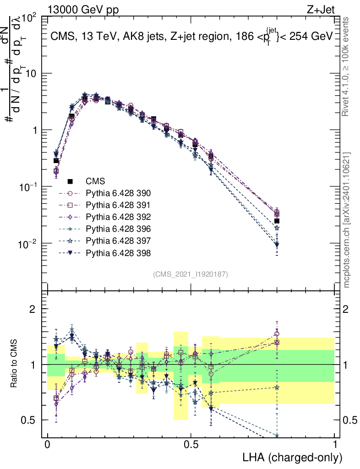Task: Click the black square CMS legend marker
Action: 70,181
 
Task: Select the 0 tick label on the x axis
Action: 48,445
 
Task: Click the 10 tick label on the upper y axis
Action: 33,73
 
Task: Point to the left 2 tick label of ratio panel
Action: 33,309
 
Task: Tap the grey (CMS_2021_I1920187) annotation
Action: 191,274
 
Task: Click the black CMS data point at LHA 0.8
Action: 277,221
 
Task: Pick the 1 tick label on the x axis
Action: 334,445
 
